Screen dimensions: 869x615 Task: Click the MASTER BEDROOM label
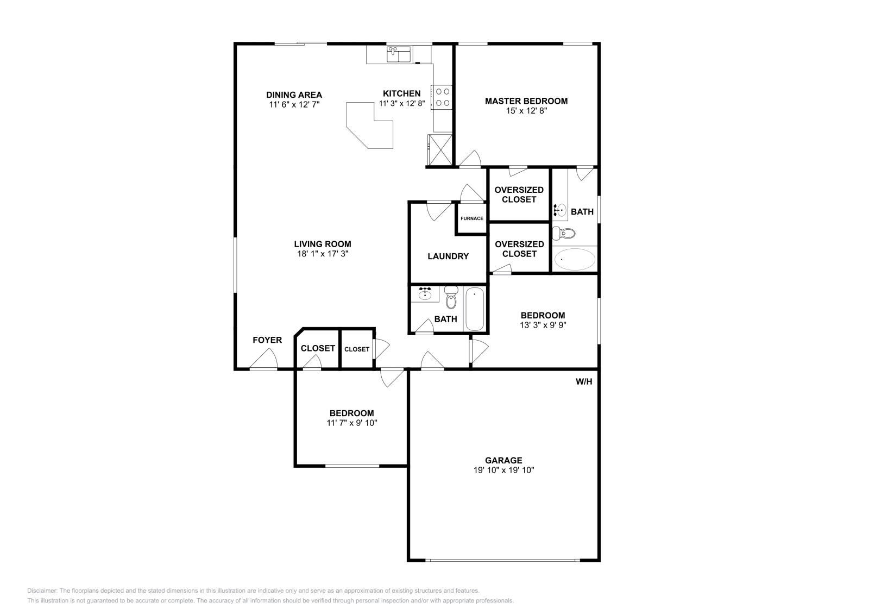click(x=526, y=101)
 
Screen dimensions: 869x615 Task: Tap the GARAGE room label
click(x=503, y=461)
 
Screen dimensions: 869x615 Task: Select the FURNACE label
click(x=472, y=218)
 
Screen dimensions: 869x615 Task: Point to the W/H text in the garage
click(x=584, y=381)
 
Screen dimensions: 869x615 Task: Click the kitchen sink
click(x=399, y=54)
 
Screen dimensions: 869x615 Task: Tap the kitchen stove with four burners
click(x=442, y=97)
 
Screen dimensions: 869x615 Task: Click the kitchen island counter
click(x=369, y=125)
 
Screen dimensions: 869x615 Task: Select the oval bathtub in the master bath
click(x=575, y=259)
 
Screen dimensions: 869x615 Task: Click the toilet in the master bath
click(x=564, y=234)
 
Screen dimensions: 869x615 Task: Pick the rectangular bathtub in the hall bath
click(x=475, y=309)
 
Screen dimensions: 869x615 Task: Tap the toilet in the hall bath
click(x=451, y=297)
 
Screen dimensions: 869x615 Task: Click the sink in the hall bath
click(x=425, y=294)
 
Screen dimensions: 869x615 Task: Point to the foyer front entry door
click(x=263, y=359)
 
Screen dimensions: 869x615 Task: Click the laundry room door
click(x=439, y=211)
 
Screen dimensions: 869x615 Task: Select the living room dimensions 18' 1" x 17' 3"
click(x=323, y=254)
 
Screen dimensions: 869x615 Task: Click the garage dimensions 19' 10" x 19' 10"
click(x=503, y=470)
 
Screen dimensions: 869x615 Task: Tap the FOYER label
click(x=267, y=340)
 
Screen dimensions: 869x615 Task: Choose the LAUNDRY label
click(x=448, y=256)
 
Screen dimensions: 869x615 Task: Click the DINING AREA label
click(x=294, y=95)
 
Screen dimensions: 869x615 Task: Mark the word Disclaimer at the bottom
click(x=42, y=591)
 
